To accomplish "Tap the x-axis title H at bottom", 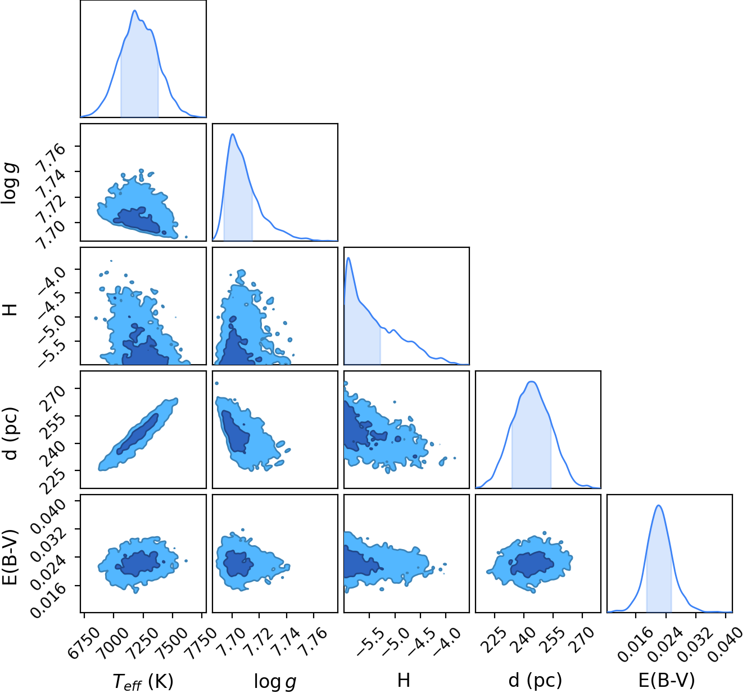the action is [x=404, y=680].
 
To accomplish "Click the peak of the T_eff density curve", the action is [x=135, y=11].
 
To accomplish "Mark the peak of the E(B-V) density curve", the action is [x=659, y=505].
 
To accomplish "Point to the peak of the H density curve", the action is [x=348, y=258].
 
